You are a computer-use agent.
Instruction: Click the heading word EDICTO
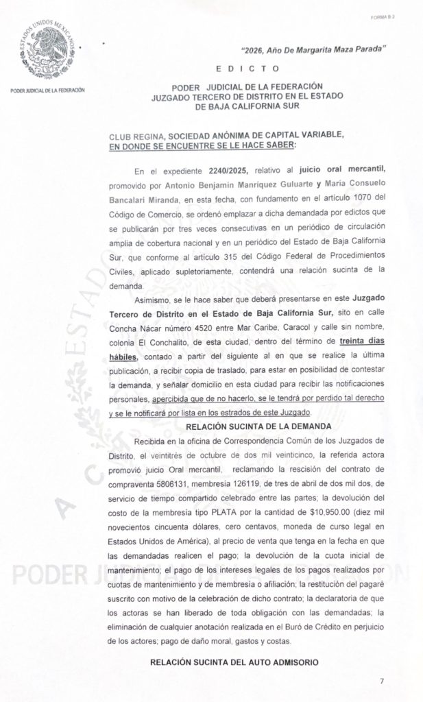coord(247,69)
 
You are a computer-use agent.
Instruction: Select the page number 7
coord(382,681)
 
